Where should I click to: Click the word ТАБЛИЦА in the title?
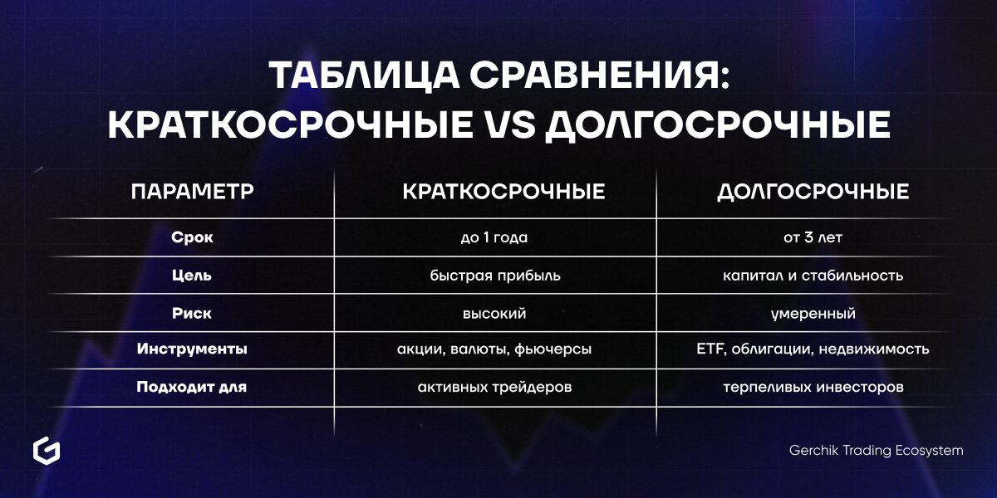coord(365,76)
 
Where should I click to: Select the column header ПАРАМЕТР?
coord(192,191)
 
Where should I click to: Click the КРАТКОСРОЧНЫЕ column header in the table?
coord(503,191)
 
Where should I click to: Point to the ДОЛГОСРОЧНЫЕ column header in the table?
coord(813,192)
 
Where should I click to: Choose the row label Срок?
coord(192,237)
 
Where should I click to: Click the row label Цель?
coord(192,276)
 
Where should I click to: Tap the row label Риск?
coord(192,314)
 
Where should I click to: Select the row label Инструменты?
coord(192,349)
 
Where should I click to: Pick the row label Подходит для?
coord(191,387)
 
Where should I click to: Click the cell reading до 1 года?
coord(494,237)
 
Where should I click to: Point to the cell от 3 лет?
coord(813,237)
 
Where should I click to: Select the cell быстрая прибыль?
coord(495,276)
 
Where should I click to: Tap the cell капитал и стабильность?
coord(813,276)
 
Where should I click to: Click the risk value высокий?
coord(494,314)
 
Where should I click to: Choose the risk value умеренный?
coord(813,314)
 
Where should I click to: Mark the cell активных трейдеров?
coord(494,388)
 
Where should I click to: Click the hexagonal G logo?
coord(47,451)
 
